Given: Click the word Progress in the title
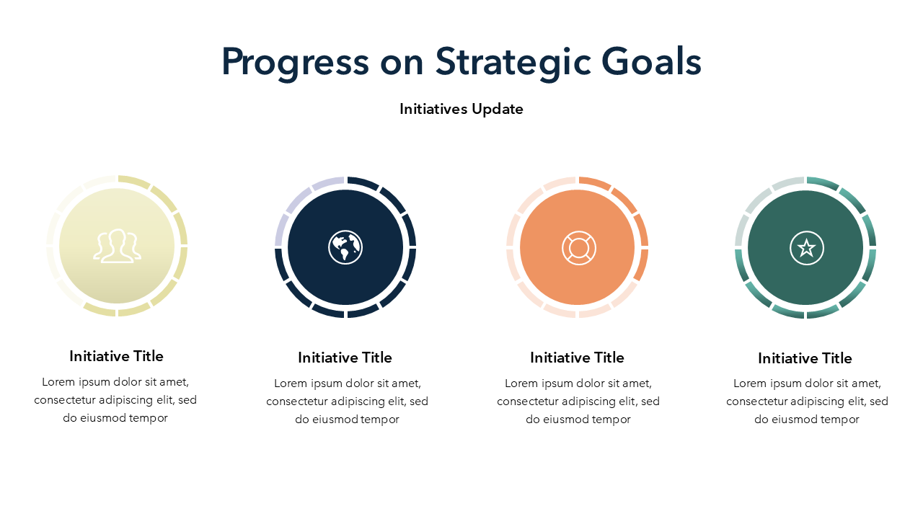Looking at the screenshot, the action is coord(296,63).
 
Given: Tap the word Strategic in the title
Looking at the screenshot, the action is coord(513,62).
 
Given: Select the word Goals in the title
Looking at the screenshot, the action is coord(651,61).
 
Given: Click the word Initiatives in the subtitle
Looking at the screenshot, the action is coord(433,109).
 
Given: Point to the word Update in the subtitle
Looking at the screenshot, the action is coord(498,110).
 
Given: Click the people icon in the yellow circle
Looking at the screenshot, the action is coord(117,246).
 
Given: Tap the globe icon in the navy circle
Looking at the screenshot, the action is coord(345,247).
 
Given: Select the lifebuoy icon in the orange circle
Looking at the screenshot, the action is coord(578,247).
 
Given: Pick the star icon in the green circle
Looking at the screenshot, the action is coord(806,248).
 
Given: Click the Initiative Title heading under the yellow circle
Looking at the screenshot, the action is coord(116,356).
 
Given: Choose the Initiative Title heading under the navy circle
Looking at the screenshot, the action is coord(345,358).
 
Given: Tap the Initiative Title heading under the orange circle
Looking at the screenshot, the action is coord(577,358).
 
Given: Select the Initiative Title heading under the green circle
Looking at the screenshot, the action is coord(805,358).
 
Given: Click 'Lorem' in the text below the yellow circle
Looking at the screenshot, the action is coord(58,382).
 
